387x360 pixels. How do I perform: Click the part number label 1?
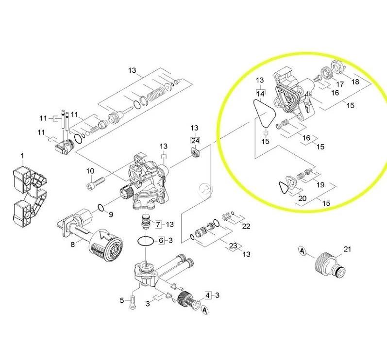pos(23,156)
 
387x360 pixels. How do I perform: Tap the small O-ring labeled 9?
pos(101,208)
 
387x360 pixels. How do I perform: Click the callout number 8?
pos(72,245)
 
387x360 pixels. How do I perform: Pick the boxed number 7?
pos(158,224)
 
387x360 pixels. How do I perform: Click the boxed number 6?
pos(161,240)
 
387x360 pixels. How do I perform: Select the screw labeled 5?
pos(132,302)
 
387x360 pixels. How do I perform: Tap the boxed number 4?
pos(208,295)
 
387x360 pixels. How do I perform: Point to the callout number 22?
pos(246,226)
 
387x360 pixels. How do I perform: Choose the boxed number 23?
pos(233,246)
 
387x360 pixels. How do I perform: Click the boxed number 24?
pos(195,141)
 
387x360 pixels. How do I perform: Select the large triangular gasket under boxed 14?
pos(264,114)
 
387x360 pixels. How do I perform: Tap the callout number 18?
pos(355,82)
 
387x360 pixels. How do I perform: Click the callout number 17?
pos(340,84)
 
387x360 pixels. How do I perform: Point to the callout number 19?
pos(320,185)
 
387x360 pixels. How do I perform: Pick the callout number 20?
pos(303,198)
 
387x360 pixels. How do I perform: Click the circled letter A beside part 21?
pos(303,251)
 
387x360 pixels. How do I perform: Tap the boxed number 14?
pos(260,94)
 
